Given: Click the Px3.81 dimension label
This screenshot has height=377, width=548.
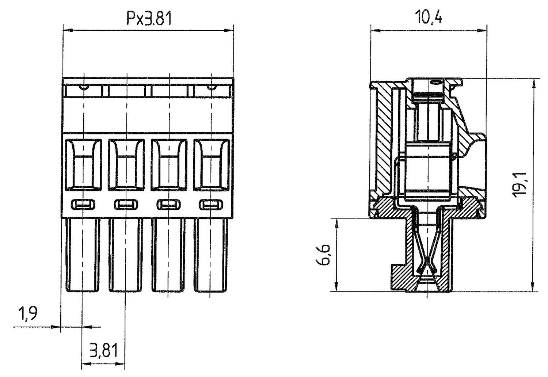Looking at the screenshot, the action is pos(149,19).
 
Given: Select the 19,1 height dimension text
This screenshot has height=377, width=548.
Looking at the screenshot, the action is pos(520,185).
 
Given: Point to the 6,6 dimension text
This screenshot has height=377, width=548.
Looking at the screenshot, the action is pos(323,255).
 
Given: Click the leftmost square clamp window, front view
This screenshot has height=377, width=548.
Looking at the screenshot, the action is pos(84,165).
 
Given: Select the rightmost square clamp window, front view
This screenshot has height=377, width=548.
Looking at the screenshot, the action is pos(212,165).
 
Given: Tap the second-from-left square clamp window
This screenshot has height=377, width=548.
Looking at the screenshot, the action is pos(126,165).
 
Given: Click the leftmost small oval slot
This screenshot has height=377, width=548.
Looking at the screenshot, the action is pos(83,204).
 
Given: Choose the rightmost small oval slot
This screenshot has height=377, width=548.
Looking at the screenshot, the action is pos(211,204).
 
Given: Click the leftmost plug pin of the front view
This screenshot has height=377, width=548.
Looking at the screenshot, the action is pos(83,255).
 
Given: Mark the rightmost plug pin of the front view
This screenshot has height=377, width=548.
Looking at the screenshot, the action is pos(211,255).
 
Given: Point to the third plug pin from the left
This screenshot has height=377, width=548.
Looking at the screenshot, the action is pos(168,255).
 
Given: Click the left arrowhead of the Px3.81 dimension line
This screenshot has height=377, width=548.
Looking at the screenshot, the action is pos(68,31).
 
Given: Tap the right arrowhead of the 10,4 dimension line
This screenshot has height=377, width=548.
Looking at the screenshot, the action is pos(482,31).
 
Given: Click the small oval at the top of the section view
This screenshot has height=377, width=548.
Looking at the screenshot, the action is pos(435,83).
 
